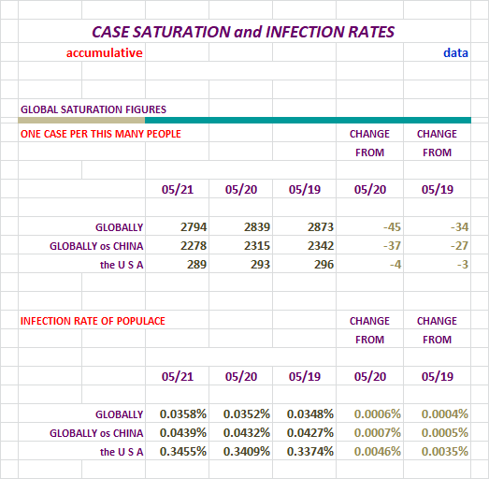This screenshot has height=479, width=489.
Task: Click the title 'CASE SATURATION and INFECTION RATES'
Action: [x=243, y=32]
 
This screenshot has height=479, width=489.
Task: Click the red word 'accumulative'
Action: [x=105, y=52]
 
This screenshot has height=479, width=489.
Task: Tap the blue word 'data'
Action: [x=455, y=52]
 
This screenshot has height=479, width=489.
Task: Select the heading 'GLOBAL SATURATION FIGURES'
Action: [x=93, y=109]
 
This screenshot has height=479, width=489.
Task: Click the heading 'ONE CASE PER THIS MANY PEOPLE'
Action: [x=101, y=134]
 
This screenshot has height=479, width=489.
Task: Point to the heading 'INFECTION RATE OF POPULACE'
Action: [x=93, y=321]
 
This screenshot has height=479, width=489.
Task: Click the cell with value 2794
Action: [x=194, y=226]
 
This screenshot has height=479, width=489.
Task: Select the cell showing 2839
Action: [x=257, y=226]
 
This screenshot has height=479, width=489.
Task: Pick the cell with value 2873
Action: [x=321, y=226]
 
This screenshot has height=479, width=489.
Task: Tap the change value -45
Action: [x=392, y=226]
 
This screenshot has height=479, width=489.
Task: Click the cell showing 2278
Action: [x=194, y=246]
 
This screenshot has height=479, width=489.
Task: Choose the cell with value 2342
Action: [x=321, y=246]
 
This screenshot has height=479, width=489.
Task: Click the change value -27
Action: [x=459, y=246]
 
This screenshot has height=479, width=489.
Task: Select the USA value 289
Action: [x=196, y=265]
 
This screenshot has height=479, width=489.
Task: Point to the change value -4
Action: [x=396, y=265]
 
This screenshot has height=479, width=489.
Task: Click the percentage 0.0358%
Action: [x=183, y=414]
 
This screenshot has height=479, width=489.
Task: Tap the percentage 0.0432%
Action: [x=247, y=433]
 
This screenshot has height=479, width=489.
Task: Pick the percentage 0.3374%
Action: [x=310, y=452]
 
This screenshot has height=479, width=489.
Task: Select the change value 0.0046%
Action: [x=378, y=452]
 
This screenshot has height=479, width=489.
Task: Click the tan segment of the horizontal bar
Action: [x=81, y=120]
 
